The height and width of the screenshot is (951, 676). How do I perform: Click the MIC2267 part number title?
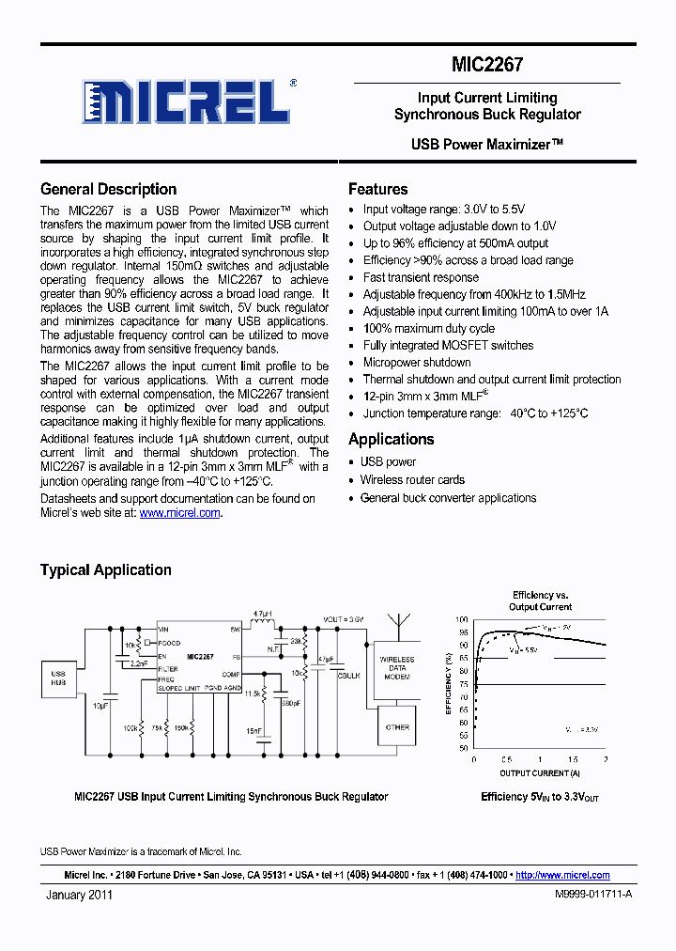pyautogui.click(x=486, y=65)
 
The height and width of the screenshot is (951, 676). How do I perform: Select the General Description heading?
pyautogui.click(x=108, y=189)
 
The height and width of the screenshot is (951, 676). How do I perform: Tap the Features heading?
pyautogui.click(x=377, y=189)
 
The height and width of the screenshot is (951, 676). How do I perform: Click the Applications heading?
pyautogui.click(x=391, y=439)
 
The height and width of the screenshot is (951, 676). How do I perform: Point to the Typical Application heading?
pyautogui.click(x=105, y=569)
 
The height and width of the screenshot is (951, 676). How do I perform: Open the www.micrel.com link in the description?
pyautogui.click(x=180, y=513)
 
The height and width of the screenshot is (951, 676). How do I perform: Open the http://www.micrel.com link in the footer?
pyautogui.click(x=562, y=875)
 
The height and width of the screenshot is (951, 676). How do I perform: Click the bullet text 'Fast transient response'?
pyautogui.click(x=421, y=277)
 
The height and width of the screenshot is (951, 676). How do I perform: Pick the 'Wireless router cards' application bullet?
pyautogui.click(x=412, y=479)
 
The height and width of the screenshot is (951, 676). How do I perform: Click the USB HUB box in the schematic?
pyautogui.click(x=57, y=678)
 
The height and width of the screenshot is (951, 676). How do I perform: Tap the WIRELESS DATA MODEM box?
pyautogui.click(x=397, y=668)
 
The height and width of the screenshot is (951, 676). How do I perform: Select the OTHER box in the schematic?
pyautogui.click(x=397, y=726)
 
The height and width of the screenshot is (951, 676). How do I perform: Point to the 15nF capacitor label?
pyautogui.click(x=253, y=730)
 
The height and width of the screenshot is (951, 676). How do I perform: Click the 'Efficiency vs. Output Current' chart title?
pyautogui.click(x=541, y=600)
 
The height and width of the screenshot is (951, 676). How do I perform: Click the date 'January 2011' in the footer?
pyautogui.click(x=79, y=896)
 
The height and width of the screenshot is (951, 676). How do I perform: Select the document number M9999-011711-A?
pyautogui.click(x=593, y=896)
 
